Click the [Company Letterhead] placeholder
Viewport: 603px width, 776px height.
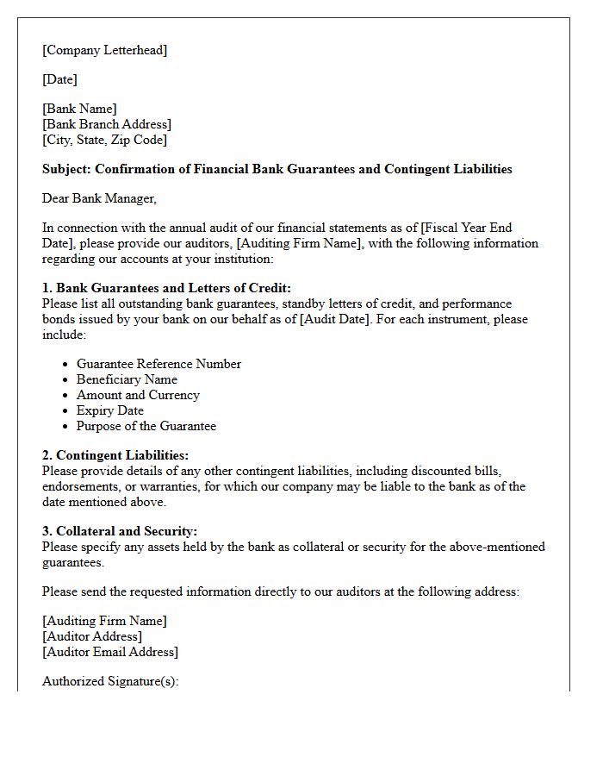click(x=104, y=50)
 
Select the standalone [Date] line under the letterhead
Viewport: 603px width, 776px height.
click(x=59, y=79)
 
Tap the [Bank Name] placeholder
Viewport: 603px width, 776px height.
click(x=79, y=109)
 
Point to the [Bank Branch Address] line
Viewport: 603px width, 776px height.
click(x=106, y=124)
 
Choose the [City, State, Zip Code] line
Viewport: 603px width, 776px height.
click(x=104, y=140)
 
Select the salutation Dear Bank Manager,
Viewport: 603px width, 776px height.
click(x=99, y=198)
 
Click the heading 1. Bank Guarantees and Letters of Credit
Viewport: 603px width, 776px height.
click(x=166, y=288)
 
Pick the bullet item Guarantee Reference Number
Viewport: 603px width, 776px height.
click(x=159, y=364)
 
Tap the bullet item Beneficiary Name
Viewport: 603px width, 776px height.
click(x=127, y=379)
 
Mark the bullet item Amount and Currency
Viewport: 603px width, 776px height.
click(x=138, y=395)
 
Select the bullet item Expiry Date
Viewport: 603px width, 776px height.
click(x=111, y=410)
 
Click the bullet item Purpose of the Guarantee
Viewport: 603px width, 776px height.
click(x=146, y=426)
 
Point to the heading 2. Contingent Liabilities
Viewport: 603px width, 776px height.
click(x=115, y=455)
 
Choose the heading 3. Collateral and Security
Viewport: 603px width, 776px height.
click(x=120, y=531)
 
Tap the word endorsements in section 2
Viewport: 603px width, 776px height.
click(x=78, y=486)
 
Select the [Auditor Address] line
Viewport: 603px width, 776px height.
click(x=92, y=636)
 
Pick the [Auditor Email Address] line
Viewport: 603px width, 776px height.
click(x=110, y=652)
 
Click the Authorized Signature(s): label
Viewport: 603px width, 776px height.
click(x=110, y=681)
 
